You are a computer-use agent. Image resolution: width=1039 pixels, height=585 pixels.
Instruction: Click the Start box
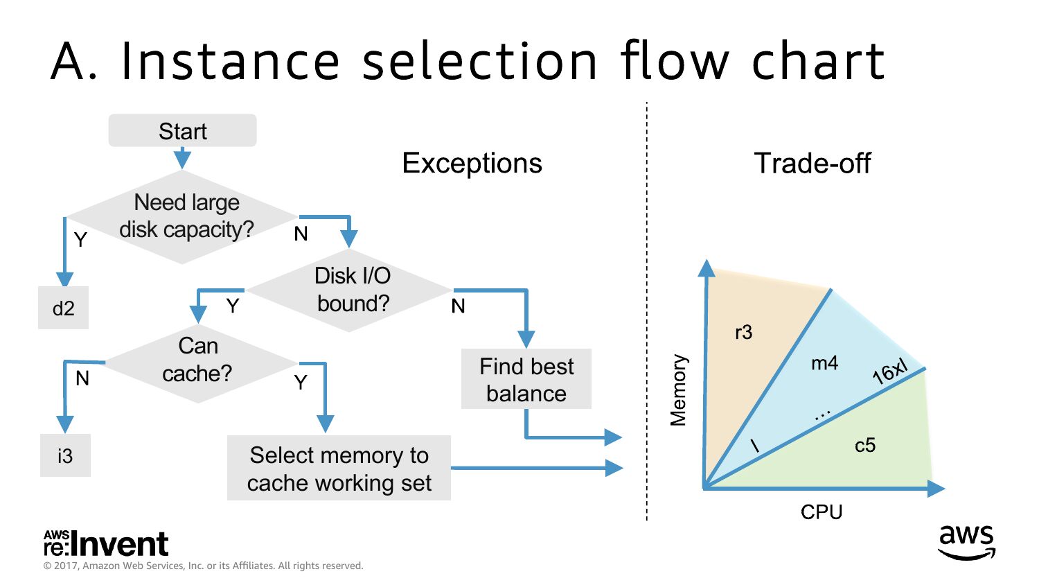coord(182,131)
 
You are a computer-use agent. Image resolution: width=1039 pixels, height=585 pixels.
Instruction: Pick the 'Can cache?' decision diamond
coord(198,360)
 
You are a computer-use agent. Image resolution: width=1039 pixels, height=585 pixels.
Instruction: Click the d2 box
coord(63,308)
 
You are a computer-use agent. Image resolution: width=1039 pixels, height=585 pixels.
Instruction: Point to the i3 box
coord(65,455)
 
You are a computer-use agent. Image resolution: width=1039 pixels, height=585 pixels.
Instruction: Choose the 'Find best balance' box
coord(526,379)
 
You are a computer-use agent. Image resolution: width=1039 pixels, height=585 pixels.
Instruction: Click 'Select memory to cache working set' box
coord(339,469)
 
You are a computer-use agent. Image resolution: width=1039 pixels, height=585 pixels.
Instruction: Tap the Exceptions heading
coord(472,164)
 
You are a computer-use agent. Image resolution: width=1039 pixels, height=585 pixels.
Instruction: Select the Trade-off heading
coord(812,164)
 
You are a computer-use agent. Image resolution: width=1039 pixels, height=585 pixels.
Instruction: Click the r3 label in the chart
coord(743,333)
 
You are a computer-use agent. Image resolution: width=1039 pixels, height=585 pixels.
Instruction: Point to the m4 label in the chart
coord(824,363)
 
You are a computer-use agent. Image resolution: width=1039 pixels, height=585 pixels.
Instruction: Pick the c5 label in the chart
coord(864,445)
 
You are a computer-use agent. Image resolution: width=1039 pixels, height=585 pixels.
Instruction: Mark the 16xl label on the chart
coord(889,372)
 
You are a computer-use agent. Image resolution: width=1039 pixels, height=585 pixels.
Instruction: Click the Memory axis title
coord(678,390)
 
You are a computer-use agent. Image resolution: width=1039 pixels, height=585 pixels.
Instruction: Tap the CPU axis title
coord(822,512)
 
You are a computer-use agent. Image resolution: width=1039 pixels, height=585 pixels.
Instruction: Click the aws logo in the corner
coord(966,541)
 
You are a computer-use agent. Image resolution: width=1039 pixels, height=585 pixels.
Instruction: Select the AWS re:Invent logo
coord(106,544)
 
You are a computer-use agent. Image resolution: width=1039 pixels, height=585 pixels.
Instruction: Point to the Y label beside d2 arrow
coord(80,240)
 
